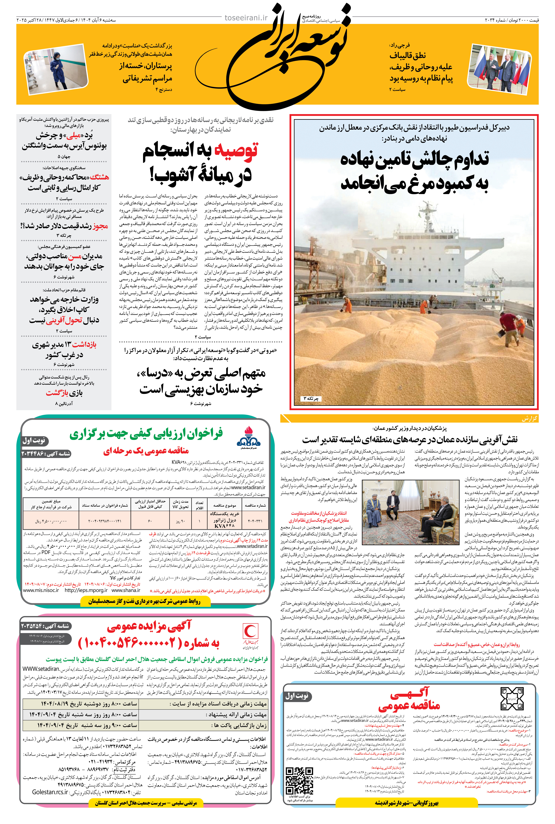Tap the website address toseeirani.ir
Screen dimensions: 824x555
click(246, 18)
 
